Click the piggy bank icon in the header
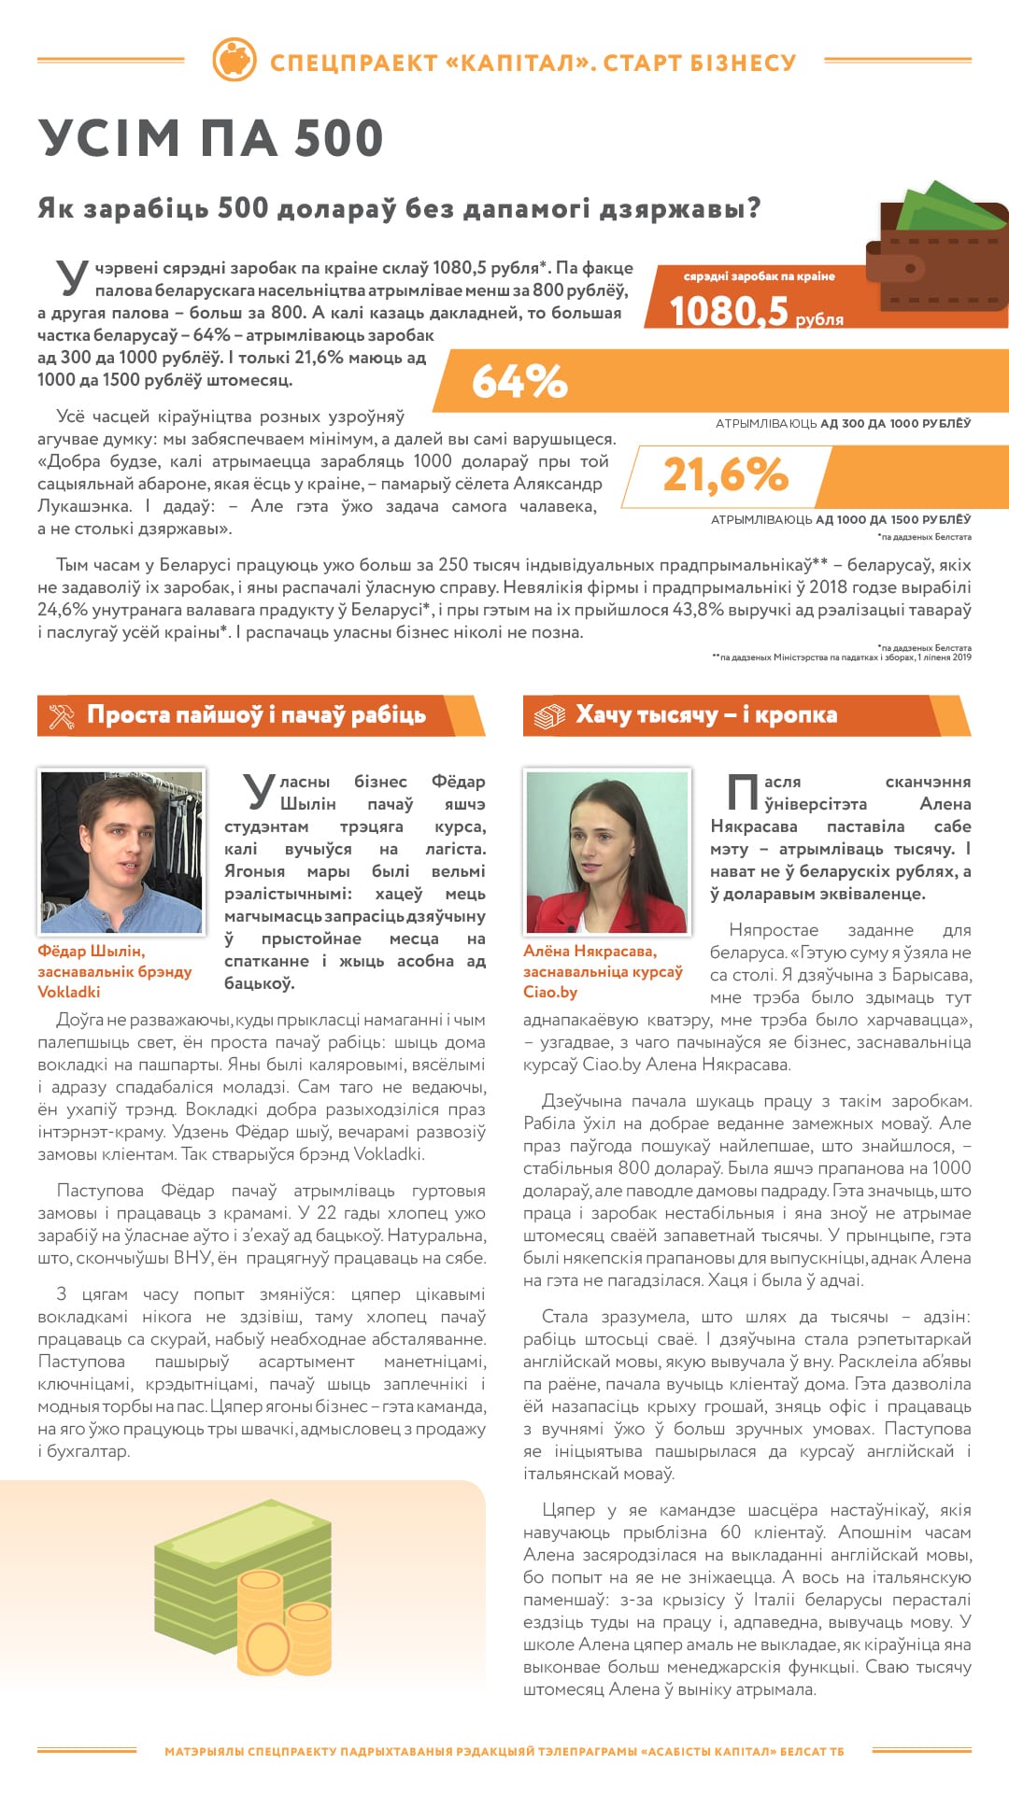point(234,61)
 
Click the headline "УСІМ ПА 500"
point(211,139)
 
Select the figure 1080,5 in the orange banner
point(730,311)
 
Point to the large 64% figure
point(519,381)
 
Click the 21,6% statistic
point(726,474)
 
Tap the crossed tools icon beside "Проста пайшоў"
point(62,716)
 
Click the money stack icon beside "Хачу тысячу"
point(549,716)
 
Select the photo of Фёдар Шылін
point(121,852)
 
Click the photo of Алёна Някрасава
point(607,852)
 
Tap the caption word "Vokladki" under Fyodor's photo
point(69,992)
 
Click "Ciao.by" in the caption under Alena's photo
point(550,992)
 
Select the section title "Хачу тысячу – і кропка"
point(706,715)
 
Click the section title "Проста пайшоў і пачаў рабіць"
point(256,715)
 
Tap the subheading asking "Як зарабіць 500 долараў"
point(399,208)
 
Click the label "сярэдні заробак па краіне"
point(759,276)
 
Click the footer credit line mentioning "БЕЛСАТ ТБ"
point(504,1751)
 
